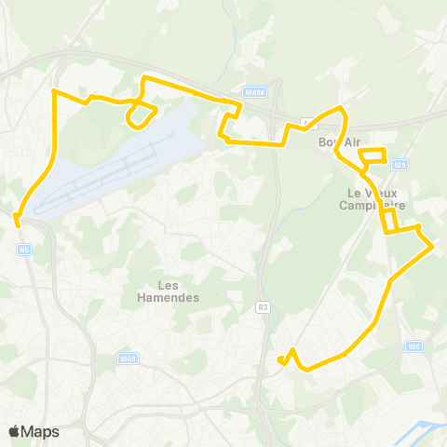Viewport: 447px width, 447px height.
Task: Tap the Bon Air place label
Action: tap(338, 142)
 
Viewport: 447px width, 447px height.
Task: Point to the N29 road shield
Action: tap(399, 165)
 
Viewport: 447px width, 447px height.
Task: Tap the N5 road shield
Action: tap(25, 250)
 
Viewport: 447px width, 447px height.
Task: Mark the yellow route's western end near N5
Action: tap(17, 220)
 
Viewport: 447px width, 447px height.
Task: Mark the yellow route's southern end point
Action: tap(280, 359)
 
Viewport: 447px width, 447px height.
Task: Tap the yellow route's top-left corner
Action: tap(53, 91)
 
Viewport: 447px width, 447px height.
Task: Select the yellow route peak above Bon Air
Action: tap(343, 109)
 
